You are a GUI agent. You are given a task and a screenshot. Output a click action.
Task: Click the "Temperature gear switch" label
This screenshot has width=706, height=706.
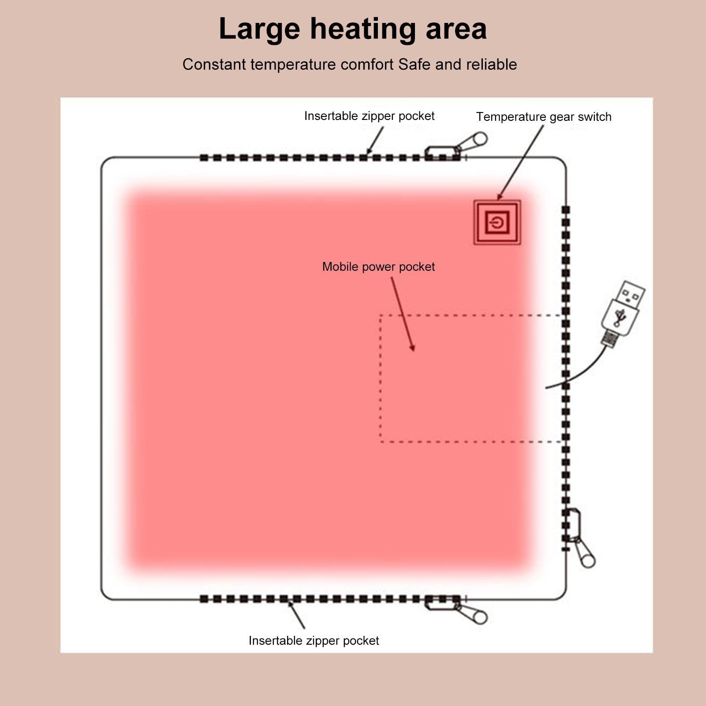point(544,117)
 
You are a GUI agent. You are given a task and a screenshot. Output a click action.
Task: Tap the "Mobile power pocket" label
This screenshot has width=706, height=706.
point(378,267)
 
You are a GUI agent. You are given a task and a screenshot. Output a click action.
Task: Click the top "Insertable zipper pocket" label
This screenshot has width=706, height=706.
point(369,116)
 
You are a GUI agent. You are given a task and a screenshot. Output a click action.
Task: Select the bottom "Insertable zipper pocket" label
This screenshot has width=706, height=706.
point(314,641)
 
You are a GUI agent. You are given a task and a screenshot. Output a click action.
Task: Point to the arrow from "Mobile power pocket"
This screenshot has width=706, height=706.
point(403,314)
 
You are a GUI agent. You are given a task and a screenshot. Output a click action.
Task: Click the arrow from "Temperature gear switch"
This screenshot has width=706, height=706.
point(520,163)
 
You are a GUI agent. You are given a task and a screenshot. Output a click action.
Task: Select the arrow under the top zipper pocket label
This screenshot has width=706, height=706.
point(375,141)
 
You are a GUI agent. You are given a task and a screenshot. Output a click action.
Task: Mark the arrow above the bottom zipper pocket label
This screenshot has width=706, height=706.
point(296,615)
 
